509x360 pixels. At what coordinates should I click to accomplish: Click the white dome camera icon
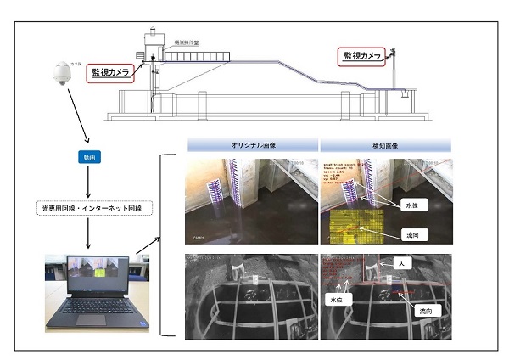point(61,75)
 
